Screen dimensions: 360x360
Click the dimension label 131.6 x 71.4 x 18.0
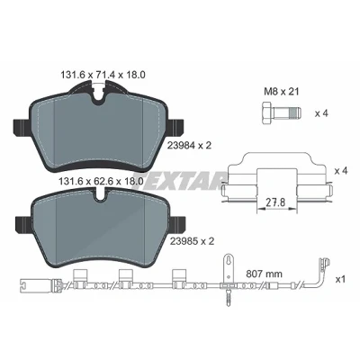click(103, 75)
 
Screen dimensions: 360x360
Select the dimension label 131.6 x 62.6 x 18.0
click(100, 181)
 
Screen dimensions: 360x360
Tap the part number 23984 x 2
click(189, 146)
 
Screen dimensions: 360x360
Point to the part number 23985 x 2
click(192, 241)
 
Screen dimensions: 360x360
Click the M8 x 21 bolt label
click(282, 92)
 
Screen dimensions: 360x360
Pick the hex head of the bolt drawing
click(267, 113)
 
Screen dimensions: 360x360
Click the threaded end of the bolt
click(295, 113)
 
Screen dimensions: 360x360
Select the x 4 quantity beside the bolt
click(321, 113)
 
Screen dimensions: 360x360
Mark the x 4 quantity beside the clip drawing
click(341, 171)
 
